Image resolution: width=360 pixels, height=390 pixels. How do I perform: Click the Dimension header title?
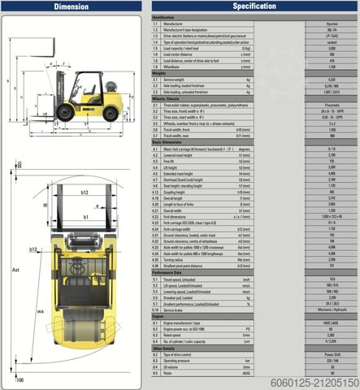72,6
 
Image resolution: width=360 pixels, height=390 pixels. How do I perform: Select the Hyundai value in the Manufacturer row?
332,24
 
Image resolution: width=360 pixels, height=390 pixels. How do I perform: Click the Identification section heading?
163,17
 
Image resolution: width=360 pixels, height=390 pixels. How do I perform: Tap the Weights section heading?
159,72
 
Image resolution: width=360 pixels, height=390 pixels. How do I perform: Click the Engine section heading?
158,316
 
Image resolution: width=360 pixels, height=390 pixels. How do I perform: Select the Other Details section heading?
163,349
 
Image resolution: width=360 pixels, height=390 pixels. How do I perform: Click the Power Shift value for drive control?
332,355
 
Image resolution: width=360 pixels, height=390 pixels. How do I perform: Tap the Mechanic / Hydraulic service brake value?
332,310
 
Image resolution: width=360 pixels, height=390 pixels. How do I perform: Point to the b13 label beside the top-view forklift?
34,249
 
